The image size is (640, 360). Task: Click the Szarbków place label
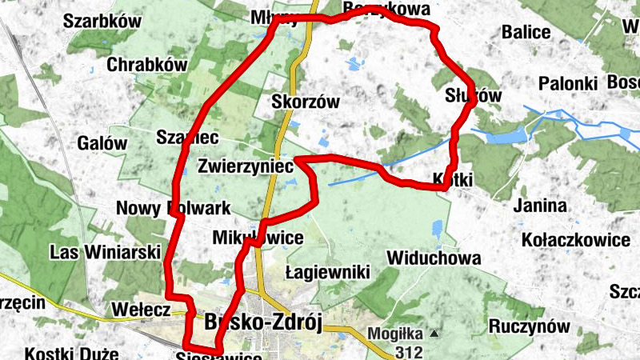coord(100,22)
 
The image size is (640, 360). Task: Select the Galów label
coord(102,143)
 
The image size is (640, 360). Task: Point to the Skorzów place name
coord(306,102)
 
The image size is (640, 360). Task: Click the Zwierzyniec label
coord(247,166)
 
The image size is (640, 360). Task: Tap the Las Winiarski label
coord(94,252)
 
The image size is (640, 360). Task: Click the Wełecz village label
coord(141,308)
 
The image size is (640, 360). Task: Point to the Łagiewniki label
coord(328,273)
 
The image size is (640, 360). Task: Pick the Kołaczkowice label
coord(575,239)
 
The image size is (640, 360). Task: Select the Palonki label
coord(568,83)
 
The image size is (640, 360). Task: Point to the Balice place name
coord(526,32)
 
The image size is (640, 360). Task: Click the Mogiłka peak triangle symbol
coord(434,333)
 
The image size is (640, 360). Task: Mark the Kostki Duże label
coord(71,353)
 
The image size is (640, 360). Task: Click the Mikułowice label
coord(258,238)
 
